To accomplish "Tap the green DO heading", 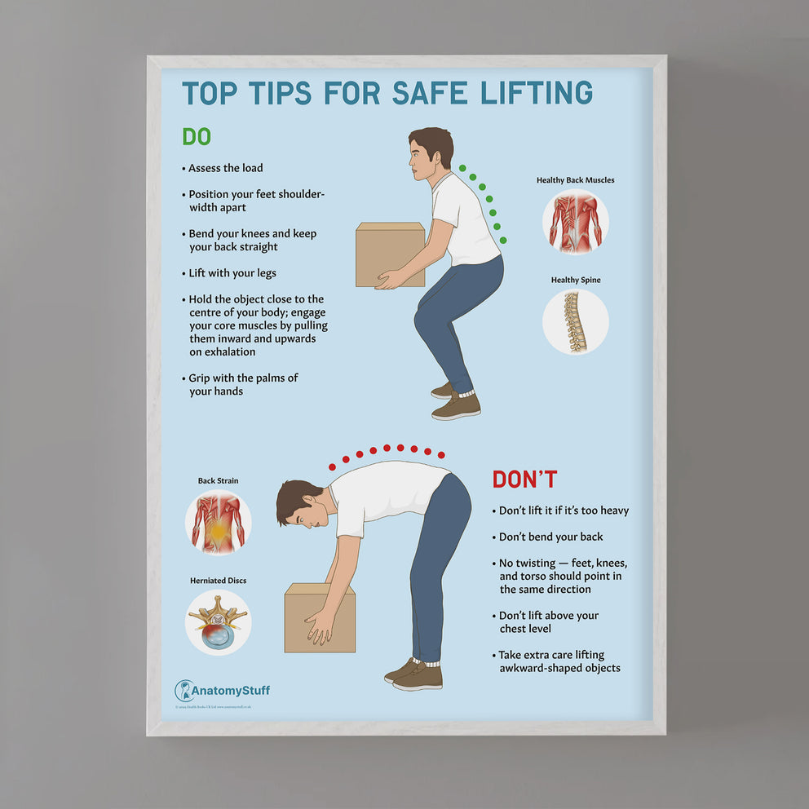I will click(196, 136).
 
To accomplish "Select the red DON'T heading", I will click(524, 480).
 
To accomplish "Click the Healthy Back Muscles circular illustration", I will click(575, 222).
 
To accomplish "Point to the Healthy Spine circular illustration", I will click(575, 321).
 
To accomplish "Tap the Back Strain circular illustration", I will click(218, 523).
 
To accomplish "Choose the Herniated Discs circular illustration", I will click(218, 622).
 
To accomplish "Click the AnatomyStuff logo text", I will click(230, 691).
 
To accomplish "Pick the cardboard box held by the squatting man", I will click(389, 254).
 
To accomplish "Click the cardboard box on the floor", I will click(319, 617).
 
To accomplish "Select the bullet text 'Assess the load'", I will click(225, 168).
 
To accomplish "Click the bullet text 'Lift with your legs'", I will click(232, 273).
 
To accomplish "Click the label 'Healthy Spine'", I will click(575, 280).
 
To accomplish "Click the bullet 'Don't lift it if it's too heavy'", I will click(564, 511).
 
